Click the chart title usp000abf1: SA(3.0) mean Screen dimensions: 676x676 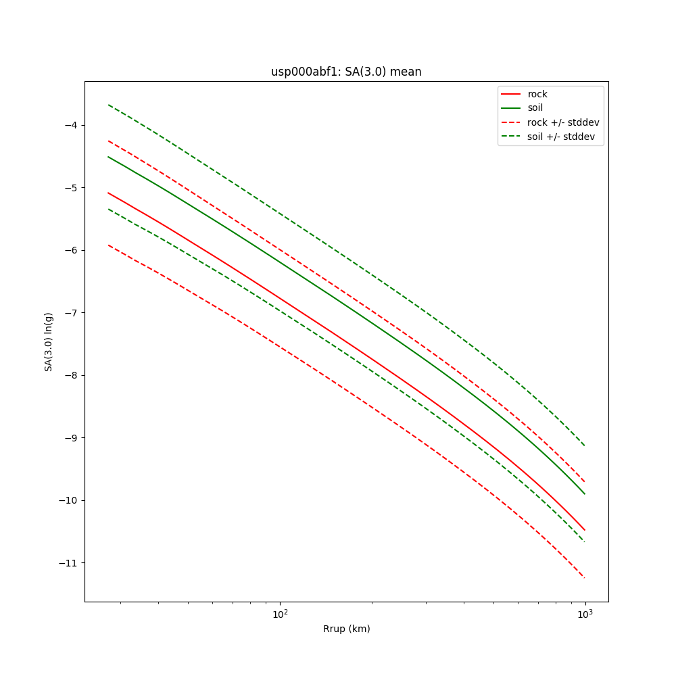tap(346, 72)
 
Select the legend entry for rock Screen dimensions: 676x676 tap(537, 94)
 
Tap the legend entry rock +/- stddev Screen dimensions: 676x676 tap(563, 122)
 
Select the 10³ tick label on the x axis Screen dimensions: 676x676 tap(585, 613)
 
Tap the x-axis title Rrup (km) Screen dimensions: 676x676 tap(346, 629)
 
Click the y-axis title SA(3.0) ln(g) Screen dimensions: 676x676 tap(49, 341)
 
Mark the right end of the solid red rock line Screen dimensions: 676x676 tap(585, 530)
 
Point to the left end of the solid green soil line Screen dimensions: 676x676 tap(108, 157)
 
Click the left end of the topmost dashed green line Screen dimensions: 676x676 tap(108, 105)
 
